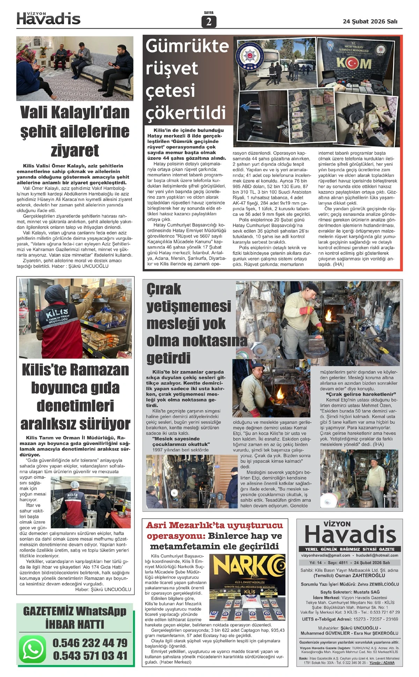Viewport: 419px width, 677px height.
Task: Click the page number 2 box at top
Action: tap(209, 22)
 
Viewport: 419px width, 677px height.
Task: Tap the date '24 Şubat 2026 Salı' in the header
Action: tap(370, 21)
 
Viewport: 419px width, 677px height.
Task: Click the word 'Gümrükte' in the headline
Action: tap(187, 46)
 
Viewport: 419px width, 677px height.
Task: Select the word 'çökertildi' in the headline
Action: tap(185, 112)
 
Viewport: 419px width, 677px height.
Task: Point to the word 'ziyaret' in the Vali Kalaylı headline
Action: tap(75, 151)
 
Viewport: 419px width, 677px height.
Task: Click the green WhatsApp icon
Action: tap(32, 648)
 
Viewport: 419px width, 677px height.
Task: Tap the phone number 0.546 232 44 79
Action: tap(90, 643)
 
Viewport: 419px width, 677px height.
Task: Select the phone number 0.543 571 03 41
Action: tap(90, 655)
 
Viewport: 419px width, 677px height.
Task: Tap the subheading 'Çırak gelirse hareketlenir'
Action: tap(358, 394)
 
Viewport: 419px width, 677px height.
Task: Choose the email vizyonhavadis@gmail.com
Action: tap(325, 555)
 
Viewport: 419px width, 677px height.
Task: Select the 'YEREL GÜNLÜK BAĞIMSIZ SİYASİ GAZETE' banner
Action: tap(350, 549)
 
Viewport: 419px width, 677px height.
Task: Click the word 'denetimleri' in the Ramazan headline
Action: tap(75, 406)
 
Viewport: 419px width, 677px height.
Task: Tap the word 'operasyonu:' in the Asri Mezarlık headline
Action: tap(176, 536)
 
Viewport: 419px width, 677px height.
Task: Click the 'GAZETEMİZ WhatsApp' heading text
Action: tap(75, 611)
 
